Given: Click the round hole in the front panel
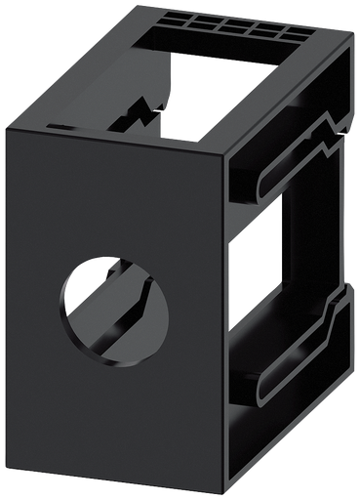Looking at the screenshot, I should pos(114,309).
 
